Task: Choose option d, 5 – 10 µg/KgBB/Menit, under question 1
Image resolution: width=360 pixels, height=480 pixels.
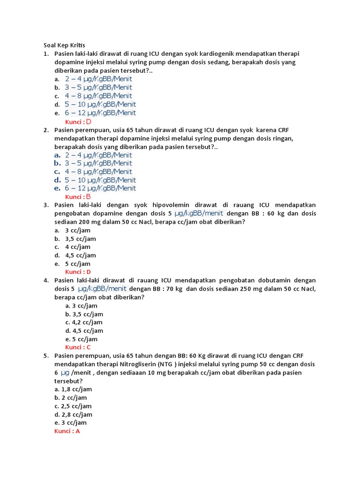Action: point(100,105)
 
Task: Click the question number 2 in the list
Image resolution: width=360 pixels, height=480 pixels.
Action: point(46,130)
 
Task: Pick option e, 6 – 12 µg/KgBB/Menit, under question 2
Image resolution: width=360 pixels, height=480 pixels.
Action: point(100,188)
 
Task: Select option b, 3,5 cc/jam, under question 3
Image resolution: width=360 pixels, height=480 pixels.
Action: point(81,239)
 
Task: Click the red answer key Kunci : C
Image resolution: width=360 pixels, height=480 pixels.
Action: point(78,347)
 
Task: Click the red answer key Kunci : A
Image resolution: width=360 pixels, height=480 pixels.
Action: point(67,431)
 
